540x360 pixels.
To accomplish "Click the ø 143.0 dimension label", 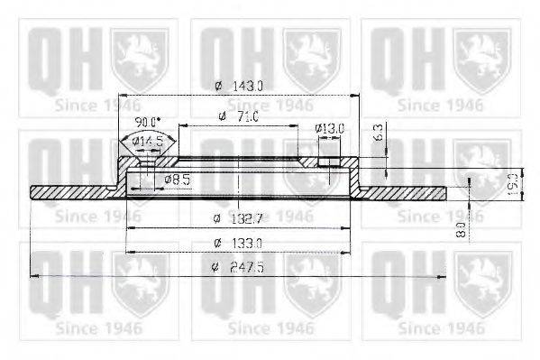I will pyautogui.click(x=238, y=86).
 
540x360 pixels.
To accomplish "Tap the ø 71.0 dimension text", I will pyautogui.click(x=238, y=116).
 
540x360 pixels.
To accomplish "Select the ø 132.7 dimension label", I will pyautogui.click(x=238, y=218).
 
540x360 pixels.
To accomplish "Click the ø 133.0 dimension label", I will pyautogui.click(x=238, y=242).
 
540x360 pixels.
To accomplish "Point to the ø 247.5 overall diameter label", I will pyautogui.click(x=238, y=266).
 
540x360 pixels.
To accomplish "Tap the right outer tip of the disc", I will pyautogui.click(x=444, y=192).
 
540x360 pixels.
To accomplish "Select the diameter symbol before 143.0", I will pyautogui.click(x=218, y=86).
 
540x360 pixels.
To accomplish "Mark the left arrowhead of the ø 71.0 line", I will pyautogui.click(x=181, y=126).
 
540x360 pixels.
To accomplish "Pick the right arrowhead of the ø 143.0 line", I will pyautogui.click(x=355, y=96).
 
